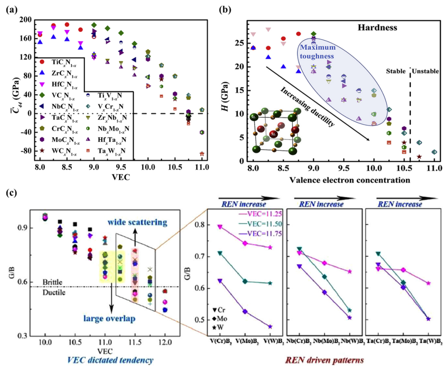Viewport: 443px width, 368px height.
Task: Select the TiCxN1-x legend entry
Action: point(63,62)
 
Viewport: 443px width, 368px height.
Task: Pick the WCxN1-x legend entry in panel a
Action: point(63,152)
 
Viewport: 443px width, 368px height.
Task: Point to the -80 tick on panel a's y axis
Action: point(26,151)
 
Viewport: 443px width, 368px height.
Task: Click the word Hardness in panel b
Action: point(377,28)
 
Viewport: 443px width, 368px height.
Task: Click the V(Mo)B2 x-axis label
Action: point(245,341)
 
